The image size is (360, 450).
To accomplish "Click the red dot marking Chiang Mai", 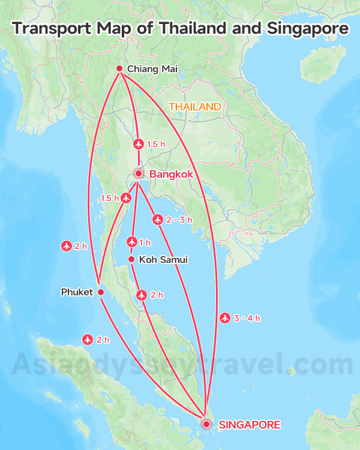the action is coord(119,68).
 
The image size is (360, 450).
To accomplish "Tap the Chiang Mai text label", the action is coord(152,70).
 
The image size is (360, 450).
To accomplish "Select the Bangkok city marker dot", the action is coord(139,175).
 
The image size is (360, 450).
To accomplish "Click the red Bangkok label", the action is coord(171,175).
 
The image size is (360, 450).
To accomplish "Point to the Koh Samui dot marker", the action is coord(131,259).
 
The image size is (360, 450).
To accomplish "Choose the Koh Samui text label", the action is coord(163,260).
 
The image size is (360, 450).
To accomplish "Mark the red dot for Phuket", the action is coord(101,292).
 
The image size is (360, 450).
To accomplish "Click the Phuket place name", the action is coord(77,292).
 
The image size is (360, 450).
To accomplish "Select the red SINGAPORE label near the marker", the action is coord(250,425).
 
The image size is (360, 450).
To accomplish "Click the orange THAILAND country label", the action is coord(195,107).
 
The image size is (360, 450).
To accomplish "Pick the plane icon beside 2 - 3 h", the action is coord(158,220).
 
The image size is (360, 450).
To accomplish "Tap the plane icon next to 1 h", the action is coord(132,242).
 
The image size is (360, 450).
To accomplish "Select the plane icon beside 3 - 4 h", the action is coord(226,317).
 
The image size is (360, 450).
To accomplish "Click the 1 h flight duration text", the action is coord(145,243).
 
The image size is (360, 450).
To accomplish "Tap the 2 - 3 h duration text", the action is coord(179,220).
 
